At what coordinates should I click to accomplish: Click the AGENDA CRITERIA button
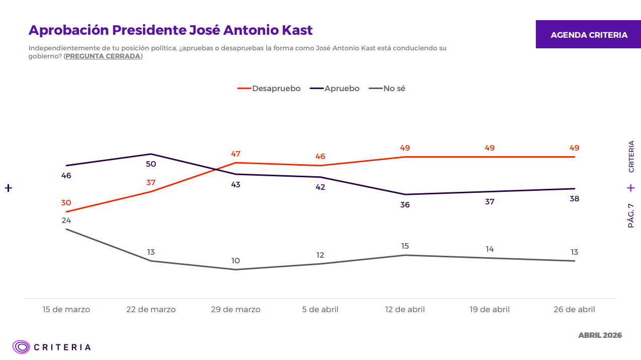[589, 35]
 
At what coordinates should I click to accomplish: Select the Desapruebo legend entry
[269, 89]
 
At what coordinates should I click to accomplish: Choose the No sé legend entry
[387, 89]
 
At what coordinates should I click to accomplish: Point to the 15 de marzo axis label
[66, 310]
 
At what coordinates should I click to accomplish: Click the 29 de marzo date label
[235, 310]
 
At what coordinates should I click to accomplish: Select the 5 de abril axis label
[320, 310]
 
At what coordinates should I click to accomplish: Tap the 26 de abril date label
[574, 310]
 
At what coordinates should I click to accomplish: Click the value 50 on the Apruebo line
[151, 164]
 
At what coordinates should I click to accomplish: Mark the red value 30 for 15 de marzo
[66, 203]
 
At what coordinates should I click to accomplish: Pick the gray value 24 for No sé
[66, 221]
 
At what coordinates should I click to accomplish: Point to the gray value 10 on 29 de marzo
[235, 261]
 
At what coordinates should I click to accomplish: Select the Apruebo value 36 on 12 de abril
[405, 205]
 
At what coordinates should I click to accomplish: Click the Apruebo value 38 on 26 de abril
[574, 199]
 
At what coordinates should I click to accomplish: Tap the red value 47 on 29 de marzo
[235, 154]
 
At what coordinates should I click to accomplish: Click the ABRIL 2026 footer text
[600, 335]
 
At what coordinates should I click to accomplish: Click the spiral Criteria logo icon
[22, 347]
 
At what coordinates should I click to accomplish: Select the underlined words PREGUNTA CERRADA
[103, 56]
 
